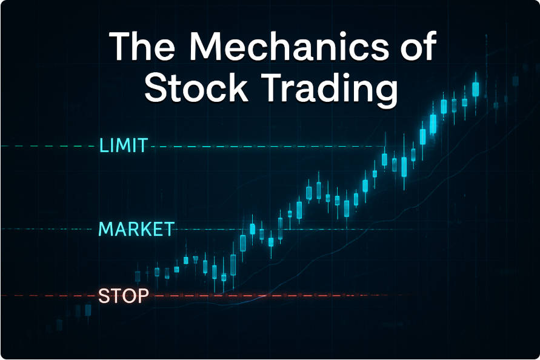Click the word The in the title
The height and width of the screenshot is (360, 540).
coord(142,46)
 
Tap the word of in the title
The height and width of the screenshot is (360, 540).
coord(419,45)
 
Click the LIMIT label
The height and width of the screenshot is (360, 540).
coord(124,145)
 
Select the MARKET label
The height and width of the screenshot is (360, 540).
coord(136,229)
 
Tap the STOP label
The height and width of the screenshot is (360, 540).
coord(123,296)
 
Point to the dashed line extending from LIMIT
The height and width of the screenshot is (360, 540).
coord(267,147)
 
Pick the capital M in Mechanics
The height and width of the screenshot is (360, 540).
coord(206,47)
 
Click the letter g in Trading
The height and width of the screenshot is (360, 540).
coord(385,94)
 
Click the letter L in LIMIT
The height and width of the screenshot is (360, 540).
coord(104,145)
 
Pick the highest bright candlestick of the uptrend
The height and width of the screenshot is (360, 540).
coord(476,89)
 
